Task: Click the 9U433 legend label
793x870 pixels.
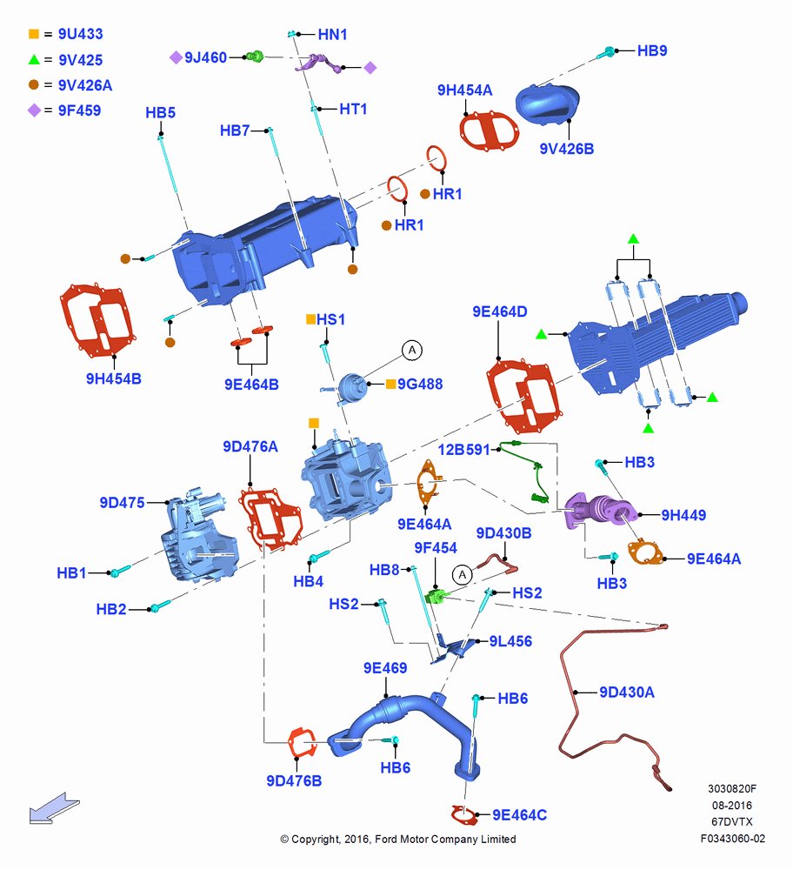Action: [80, 34]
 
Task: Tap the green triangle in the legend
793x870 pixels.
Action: [34, 59]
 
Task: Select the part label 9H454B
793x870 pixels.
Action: [114, 378]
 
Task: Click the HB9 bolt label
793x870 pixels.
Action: [652, 50]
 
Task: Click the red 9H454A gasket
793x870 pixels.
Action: [490, 130]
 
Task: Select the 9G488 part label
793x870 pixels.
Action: [420, 384]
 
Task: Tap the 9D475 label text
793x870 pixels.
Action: [122, 503]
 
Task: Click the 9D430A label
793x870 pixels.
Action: [627, 692]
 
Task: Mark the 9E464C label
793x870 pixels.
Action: [520, 814]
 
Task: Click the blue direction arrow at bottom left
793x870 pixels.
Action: [54, 808]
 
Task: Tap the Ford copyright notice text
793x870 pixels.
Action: [398, 839]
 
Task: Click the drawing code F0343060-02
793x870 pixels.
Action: [732, 839]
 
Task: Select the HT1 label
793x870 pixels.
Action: [353, 109]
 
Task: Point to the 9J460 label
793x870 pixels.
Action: [205, 57]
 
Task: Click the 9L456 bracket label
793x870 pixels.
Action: [510, 641]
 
